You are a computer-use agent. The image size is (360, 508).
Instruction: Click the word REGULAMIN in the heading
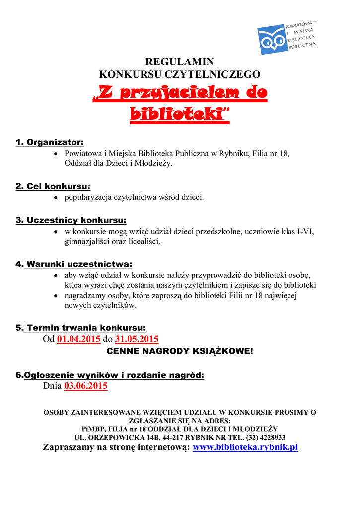coord(179,62)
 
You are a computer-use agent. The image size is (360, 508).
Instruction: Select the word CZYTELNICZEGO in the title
coord(221,75)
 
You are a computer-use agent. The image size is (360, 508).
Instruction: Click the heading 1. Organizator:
coord(50,143)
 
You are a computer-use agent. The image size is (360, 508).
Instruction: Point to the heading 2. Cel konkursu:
coord(53,186)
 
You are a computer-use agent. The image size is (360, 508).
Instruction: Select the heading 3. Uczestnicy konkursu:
coord(71,220)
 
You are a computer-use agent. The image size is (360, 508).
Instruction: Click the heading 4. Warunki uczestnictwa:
coord(74,264)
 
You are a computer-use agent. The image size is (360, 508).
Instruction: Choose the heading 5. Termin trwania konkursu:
coord(81,328)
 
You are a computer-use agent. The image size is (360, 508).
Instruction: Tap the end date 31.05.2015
coord(137,339)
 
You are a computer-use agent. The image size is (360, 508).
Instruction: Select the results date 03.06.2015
coord(86,386)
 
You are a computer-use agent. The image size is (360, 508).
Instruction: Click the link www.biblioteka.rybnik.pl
coord(245,447)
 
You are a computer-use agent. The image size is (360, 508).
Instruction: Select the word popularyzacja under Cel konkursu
coord(88,197)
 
